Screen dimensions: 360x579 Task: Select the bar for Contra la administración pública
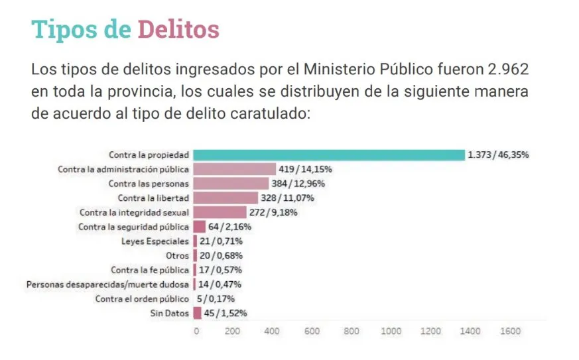point(234,169)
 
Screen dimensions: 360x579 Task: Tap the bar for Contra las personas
point(231,184)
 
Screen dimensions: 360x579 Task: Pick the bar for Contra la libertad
point(225,198)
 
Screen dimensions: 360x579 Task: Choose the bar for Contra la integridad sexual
point(220,212)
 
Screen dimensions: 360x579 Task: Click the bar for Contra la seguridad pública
point(199,227)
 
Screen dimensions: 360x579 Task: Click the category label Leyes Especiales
point(155,241)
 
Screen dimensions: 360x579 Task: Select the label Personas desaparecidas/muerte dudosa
point(107,284)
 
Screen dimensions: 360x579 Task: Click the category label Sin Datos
point(170,314)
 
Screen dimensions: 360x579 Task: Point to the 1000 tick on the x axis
point(391,331)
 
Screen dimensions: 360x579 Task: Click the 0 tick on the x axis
point(196,331)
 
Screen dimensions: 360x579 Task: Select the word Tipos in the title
point(64,30)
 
